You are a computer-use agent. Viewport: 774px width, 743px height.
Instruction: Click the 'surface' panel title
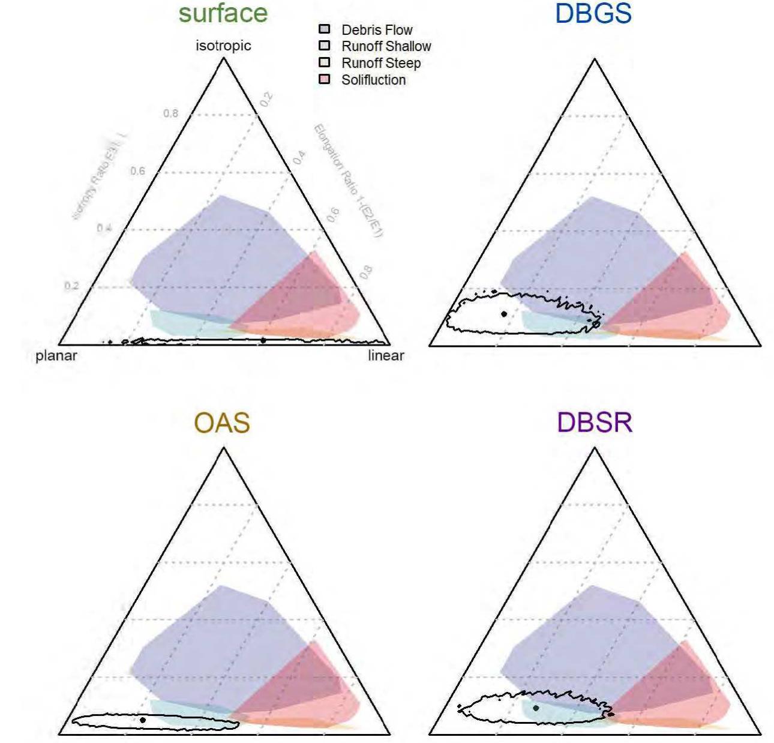223,13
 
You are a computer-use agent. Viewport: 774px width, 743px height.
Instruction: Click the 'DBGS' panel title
593,13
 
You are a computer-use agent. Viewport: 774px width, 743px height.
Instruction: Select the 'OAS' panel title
222,423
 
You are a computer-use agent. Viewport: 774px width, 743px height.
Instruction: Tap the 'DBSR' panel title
594,423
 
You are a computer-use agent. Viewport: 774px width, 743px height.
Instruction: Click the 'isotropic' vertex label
223,46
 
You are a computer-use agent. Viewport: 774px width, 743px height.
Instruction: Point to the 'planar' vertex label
56,355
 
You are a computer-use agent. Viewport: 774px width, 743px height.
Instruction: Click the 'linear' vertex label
386,355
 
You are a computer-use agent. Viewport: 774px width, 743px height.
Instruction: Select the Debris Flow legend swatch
325,29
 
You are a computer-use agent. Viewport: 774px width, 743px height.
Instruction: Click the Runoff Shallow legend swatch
325,46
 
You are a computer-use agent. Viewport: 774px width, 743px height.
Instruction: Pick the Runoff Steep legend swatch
325,62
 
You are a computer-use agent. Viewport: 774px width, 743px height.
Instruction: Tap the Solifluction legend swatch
325,79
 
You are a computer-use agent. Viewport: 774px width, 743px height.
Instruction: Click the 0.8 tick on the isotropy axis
171,113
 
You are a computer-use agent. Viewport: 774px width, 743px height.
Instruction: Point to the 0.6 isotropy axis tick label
138,171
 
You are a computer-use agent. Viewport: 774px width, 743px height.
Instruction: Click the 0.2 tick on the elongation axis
267,99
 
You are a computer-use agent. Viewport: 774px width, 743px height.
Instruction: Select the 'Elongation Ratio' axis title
349,180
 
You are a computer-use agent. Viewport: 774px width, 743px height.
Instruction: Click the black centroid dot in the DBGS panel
504,314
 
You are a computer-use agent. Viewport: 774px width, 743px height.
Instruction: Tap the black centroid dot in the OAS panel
143,720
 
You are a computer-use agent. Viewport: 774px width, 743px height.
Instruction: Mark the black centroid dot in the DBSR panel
536,708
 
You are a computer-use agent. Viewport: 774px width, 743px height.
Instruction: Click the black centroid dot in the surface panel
263,340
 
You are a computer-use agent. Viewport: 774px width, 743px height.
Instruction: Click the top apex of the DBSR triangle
595,448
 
